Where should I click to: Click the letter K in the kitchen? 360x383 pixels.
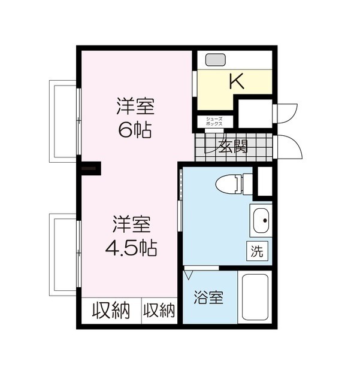tap(237, 83)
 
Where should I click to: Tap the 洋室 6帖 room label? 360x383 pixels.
tap(135, 118)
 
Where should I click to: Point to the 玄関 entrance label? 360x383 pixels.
tap(233, 145)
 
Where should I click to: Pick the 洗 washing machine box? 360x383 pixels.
tap(256, 251)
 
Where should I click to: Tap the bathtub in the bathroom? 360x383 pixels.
tap(256, 297)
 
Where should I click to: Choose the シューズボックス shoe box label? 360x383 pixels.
tap(214, 121)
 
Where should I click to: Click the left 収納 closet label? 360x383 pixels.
tap(111, 311)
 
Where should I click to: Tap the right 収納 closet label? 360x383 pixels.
tap(159, 311)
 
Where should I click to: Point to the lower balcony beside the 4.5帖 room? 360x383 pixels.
tap(63, 254)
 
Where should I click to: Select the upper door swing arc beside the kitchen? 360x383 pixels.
tap(288, 113)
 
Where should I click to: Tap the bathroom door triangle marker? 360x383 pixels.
tap(190, 275)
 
